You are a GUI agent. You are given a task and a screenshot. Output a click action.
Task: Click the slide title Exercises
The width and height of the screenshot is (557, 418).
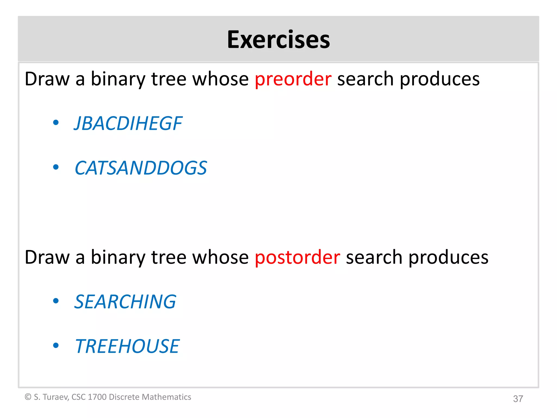278,40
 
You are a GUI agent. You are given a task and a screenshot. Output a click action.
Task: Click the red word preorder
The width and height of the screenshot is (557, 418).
293,79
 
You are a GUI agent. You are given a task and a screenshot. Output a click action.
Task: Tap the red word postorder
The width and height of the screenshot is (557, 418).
297,257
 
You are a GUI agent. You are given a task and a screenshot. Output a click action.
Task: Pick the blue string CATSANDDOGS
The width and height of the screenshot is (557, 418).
141,168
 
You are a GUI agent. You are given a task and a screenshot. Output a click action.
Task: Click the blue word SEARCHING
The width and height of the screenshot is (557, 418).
125,302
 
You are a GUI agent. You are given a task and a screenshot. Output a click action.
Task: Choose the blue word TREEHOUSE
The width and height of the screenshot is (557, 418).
127,346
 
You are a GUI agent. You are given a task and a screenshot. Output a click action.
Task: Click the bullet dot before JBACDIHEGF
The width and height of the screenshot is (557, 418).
56,123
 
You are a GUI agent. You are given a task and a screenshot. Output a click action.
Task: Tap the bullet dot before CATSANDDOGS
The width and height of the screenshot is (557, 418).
56,167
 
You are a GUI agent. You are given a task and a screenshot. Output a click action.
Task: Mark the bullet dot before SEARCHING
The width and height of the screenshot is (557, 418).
56,301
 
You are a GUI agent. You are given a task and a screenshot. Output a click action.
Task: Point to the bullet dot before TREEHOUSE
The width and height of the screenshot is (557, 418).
56,346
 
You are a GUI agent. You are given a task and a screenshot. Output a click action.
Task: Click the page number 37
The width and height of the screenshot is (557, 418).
518,399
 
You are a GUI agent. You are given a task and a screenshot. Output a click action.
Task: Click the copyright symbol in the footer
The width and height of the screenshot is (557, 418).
28,397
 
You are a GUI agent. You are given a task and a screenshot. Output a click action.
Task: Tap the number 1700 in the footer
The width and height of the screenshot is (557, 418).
97,397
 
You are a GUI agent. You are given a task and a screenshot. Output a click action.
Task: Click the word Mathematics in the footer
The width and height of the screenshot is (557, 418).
166,397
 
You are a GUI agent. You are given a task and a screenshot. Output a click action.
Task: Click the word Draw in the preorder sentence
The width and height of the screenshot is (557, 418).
47,79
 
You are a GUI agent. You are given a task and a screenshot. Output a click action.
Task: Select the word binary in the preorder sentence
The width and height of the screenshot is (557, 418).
118,79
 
